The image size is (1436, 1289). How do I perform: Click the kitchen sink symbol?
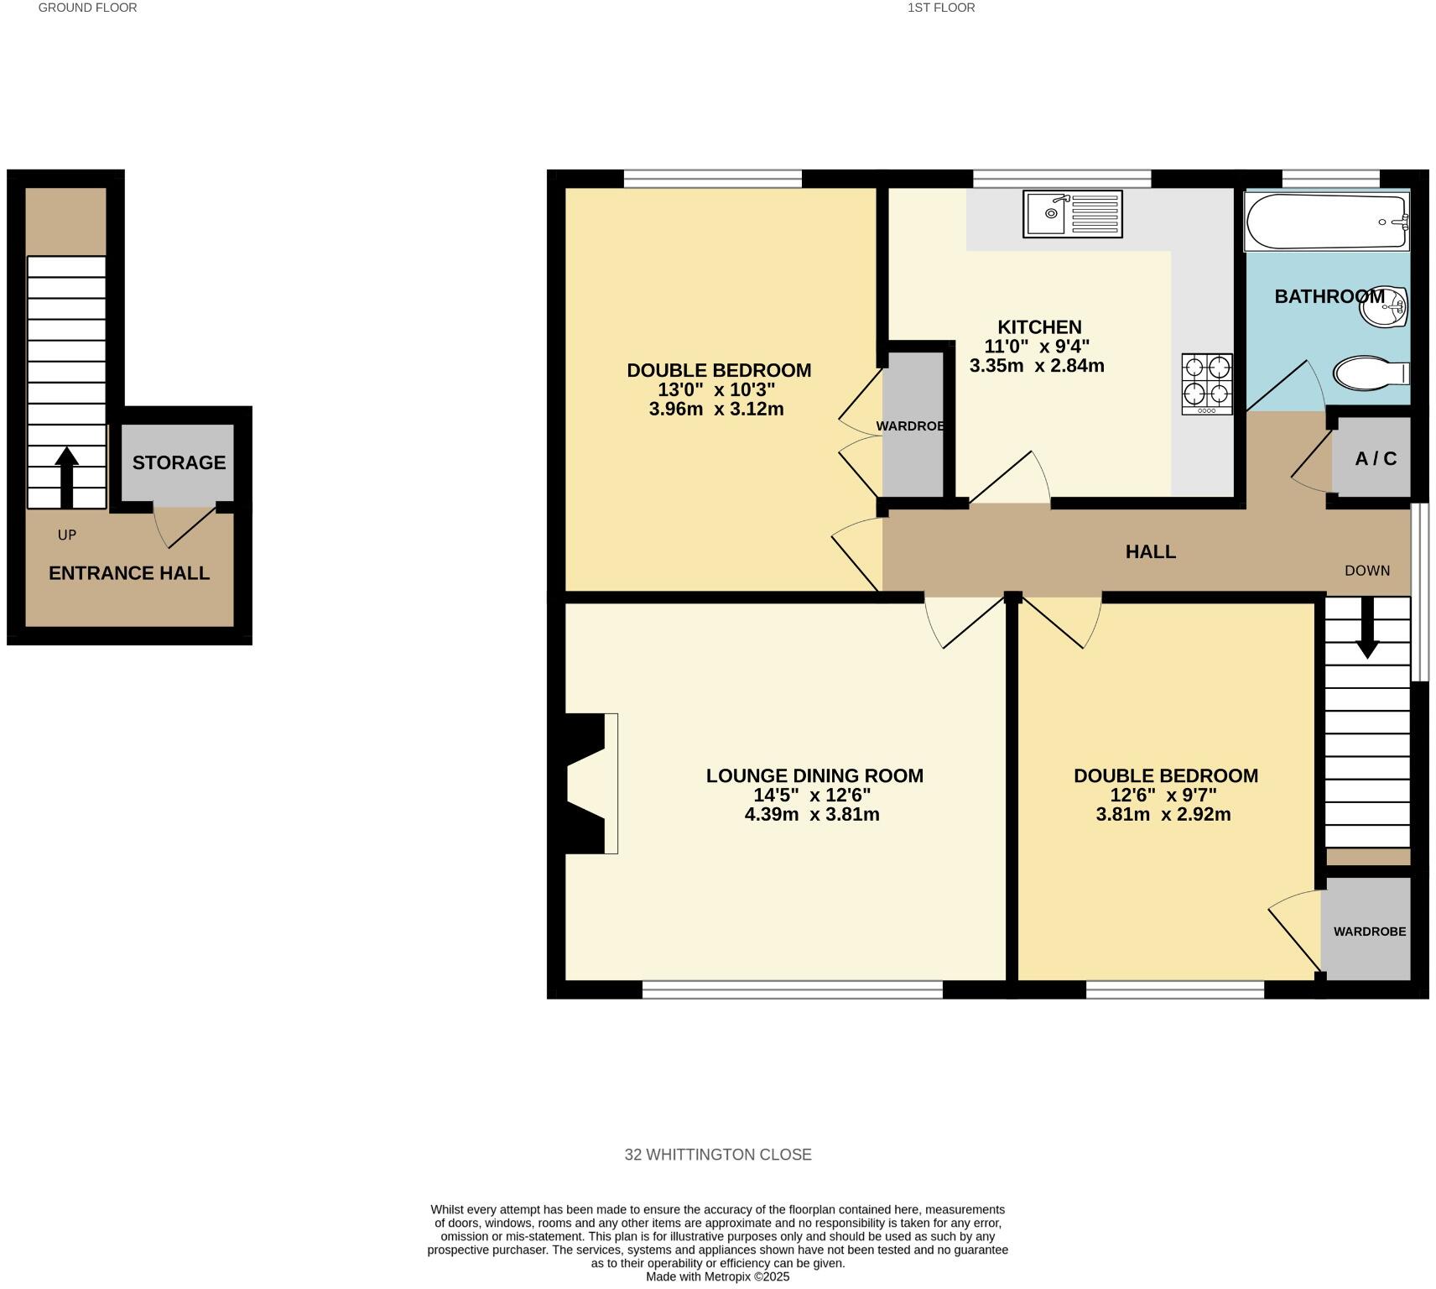pyautogui.click(x=1072, y=214)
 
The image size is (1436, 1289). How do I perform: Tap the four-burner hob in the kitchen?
pyautogui.click(x=1207, y=384)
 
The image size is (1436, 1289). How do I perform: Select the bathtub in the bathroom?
pyautogui.click(x=1326, y=222)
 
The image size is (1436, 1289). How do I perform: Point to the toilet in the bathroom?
pyautogui.click(x=1370, y=373)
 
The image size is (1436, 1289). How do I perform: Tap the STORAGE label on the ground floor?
pyautogui.click(x=179, y=462)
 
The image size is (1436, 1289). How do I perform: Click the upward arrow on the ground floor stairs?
pyautogui.click(x=67, y=476)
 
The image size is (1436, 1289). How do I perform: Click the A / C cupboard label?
pyautogui.click(x=1376, y=459)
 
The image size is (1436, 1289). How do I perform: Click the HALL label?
pyautogui.click(x=1150, y=551)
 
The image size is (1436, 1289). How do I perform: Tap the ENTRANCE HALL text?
pyautogui.click(x=129, y=573)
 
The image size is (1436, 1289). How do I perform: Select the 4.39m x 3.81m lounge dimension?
pyautogui.click(x=811, y=814)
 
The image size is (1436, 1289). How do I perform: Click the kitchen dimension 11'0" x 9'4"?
pyautogui.click(x=1037, y=347)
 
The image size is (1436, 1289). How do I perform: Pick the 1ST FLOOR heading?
pyautogui.click(x=941, y=8)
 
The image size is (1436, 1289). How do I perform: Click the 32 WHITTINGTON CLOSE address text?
pyautogui.click(x=718, y=1155)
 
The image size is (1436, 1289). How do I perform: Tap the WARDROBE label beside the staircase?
pyautogui.click(x=1369, y=932)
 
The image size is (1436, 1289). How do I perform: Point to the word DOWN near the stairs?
pyautogui.click(x=1366, y=571)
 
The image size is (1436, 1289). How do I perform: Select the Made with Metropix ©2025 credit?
pyautogui.click(x=717, y=1276)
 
